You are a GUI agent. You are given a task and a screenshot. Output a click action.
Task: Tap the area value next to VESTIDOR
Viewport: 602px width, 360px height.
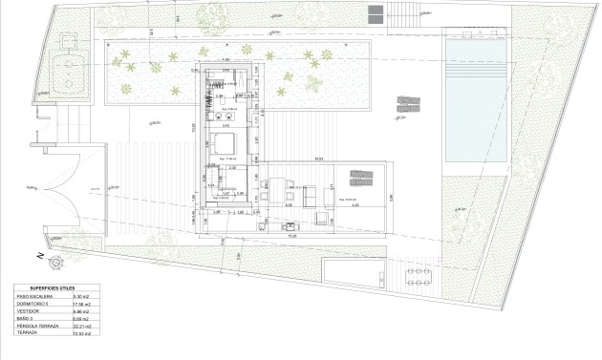pos(80,312)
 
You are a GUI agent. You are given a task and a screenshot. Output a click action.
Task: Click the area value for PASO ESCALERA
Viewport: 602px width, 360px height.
pos(80,297)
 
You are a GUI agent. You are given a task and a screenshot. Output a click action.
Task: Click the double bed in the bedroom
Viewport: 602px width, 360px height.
pos(225,144)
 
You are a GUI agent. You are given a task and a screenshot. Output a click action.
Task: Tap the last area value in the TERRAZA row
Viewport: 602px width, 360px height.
pos(81,334)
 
